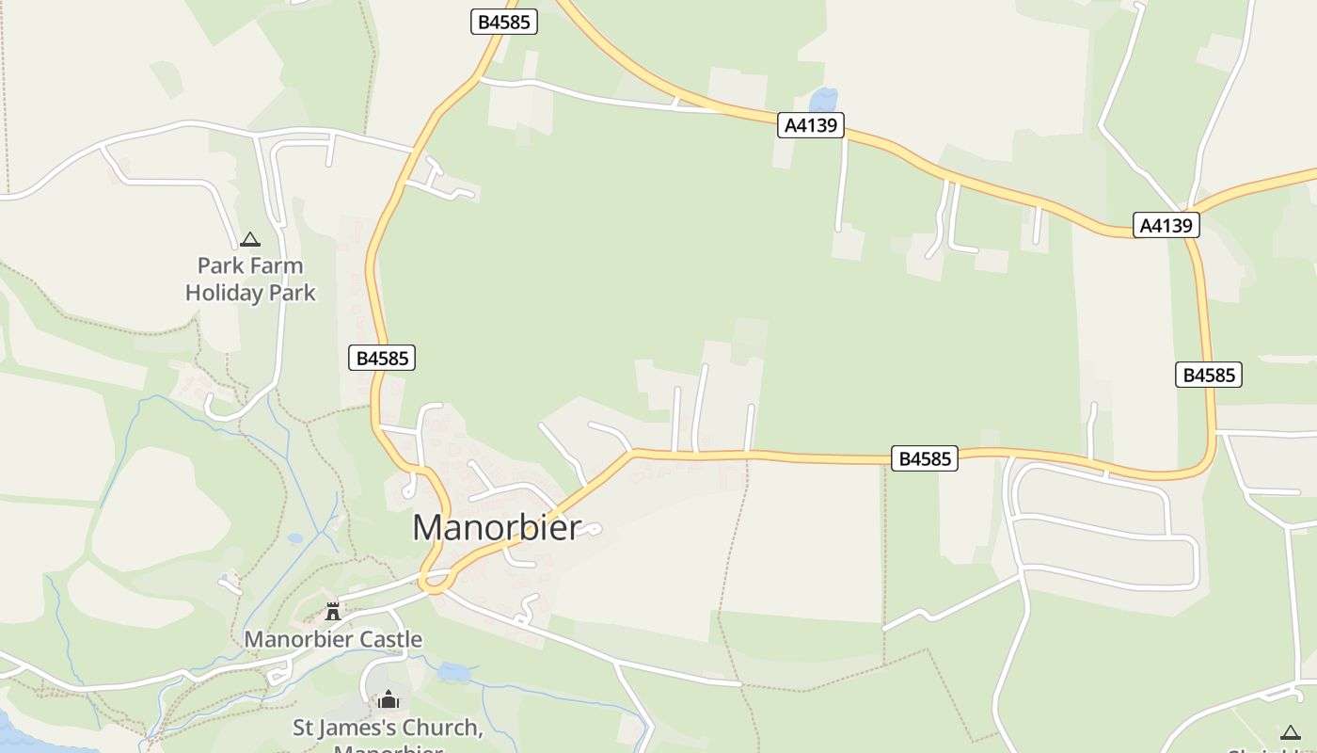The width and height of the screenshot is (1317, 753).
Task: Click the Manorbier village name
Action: pos(497,527)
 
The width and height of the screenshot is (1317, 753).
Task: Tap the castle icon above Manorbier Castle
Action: pos(332,612)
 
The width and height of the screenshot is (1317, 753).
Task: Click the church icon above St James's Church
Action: pos(389,699)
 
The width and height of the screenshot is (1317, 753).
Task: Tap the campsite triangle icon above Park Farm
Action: pos(249,240)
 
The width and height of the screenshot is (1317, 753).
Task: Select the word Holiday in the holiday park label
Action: pos(224,293)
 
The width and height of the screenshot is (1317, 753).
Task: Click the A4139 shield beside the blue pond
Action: pos(811,125)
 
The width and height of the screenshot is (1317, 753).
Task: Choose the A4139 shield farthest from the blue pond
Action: pos(1166,225)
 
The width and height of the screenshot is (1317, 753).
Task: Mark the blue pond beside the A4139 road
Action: pos(823,100)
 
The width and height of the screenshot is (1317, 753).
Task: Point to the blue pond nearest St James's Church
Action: pos(453,672)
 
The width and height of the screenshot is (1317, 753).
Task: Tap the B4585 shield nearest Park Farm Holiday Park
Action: pos(382,358)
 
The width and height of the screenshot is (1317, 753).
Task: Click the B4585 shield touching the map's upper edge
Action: pos(503,22)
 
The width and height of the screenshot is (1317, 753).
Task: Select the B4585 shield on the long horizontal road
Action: pos(924,459)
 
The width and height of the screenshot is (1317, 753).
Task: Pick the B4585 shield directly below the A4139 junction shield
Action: pos(1208,375)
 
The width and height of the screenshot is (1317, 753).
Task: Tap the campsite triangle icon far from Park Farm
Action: pos(1290,732)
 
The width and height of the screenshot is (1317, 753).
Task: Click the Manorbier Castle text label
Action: pos(333,640)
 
